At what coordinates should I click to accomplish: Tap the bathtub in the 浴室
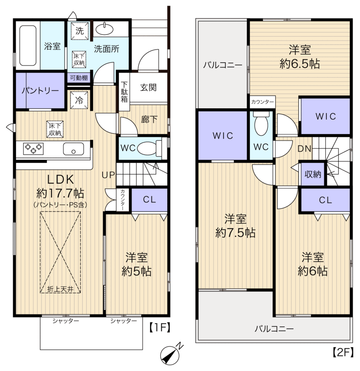[x=28, y=45]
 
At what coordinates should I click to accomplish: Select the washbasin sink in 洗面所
[x=105, y=29]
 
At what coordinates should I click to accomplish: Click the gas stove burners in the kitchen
[x=33, y=148]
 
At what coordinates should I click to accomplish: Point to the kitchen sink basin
[x=73, y=149]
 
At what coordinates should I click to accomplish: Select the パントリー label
[x=40, y=91]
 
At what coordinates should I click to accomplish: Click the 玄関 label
[x=148, y=87]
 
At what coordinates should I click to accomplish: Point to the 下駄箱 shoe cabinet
[x=124, y=92]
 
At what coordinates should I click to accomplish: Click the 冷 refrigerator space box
[x=79, y=100]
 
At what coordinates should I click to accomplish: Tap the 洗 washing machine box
[x=79, y=31]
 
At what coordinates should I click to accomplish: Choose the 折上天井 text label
[x=60, y=289]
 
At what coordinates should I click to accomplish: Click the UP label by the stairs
[x=108, y=175]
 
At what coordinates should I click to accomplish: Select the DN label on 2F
[x=304, y=148]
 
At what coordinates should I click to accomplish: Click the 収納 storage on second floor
[x=313, y=174]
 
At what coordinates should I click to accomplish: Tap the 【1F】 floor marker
[x=159, y=328]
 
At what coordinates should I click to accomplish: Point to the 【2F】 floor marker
[x=343, y=352]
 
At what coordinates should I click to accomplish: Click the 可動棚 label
[x=79, y=77]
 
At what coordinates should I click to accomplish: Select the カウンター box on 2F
[x=263, y=102]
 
